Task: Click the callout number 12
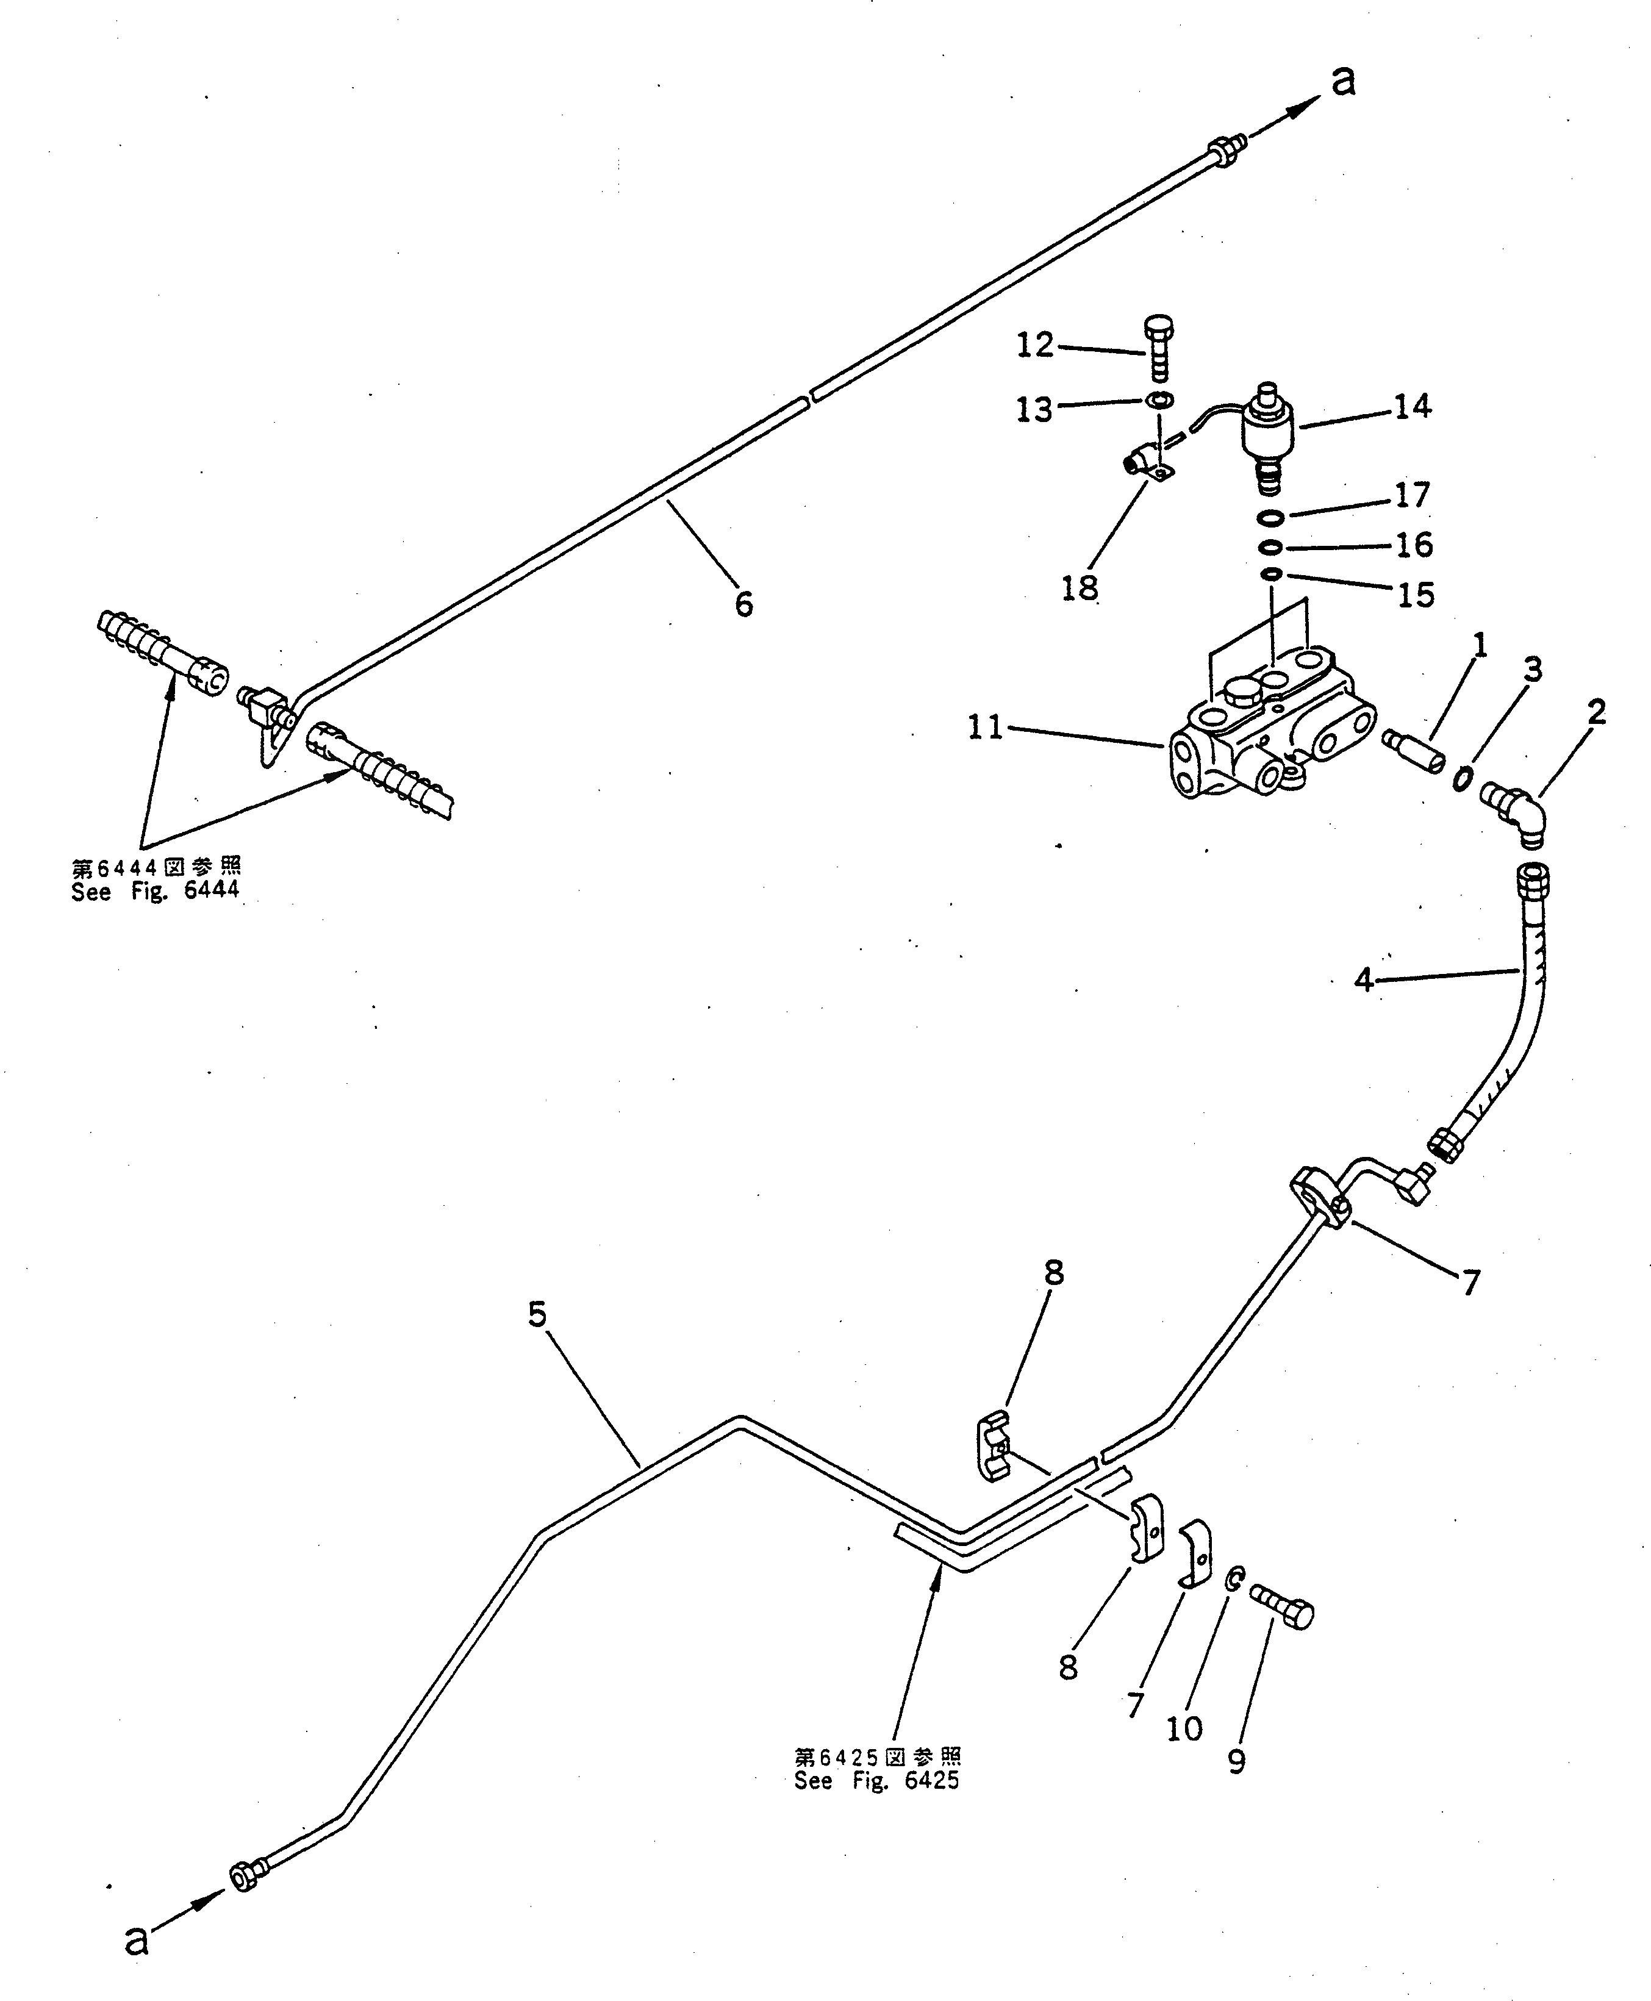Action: coord(1035,345)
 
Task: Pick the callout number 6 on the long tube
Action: coord(743,604)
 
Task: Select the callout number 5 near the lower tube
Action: coord(537,1316)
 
